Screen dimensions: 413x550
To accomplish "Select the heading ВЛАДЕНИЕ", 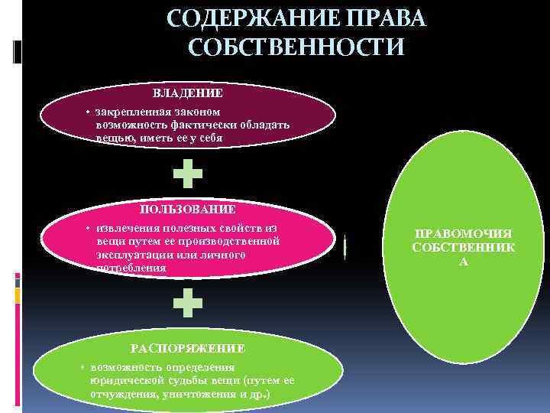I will click(188, 93).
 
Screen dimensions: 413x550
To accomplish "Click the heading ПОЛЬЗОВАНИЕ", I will click(188, 208).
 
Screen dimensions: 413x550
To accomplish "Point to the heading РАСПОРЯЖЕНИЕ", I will click(188, 348).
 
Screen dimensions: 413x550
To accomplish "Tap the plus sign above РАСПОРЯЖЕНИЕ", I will click(188, 303).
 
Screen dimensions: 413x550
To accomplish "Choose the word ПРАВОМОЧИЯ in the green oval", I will click(463, 234).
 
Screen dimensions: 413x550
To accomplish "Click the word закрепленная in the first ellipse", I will click(130, 112).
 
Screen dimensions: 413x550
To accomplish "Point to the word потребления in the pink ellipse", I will click(131, 268).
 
